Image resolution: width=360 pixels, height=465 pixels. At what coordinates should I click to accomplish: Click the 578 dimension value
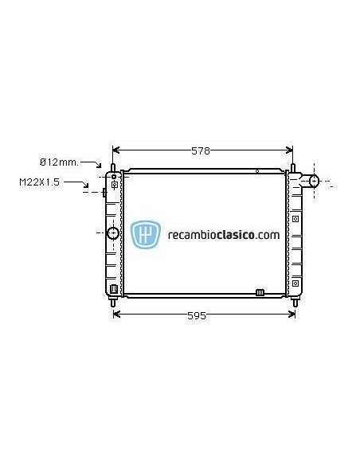pyautogui.click(x=201, y=150)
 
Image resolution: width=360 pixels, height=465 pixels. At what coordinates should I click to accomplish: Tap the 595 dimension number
pyautogui.click(x=197, y=315)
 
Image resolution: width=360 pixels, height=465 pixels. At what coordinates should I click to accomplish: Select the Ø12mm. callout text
pyautogui.click(x=60, y=162)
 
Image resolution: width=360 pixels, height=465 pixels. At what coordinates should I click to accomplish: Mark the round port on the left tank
pyautogui.click(x=112, y=233)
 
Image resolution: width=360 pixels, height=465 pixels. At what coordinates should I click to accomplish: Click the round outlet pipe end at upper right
pyautogui.click(x=313, y=181)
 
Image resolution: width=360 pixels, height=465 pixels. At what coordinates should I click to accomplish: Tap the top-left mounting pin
pyautogui.click(x=113, y=169)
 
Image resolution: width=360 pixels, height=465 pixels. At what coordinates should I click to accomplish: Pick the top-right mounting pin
pyautogui.click(x=293, y=169)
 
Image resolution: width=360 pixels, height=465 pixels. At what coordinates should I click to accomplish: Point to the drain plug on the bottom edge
pyautogui.click(x=259, y=292)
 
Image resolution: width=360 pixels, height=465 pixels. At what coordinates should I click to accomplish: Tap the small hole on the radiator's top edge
pyautogui.click(x=256, y=170)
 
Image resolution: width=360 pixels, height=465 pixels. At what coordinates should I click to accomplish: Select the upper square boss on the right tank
pyautogui.click(x=295, y=217)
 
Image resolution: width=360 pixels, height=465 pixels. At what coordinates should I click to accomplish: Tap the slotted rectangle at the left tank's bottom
pyautogui.click(x=114, y=289)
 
